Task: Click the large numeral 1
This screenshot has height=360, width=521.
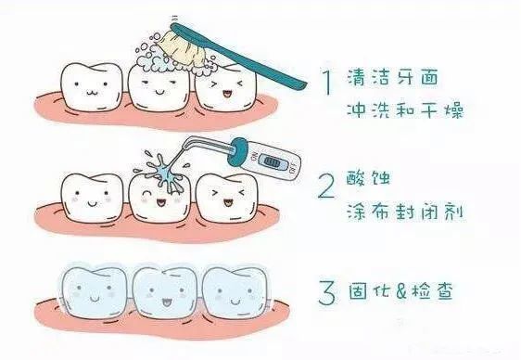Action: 327,82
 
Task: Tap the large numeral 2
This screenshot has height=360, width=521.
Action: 326,186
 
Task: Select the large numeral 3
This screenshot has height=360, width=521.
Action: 327,292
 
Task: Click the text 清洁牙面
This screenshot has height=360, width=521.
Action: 393,77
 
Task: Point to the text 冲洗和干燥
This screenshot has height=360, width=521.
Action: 405,109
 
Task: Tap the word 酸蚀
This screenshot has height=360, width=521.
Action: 368,178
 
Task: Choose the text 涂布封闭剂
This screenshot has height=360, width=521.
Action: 405,212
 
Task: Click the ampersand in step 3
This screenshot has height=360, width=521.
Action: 401,291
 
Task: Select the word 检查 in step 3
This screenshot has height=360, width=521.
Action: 432,291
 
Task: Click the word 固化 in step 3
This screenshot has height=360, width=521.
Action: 371,291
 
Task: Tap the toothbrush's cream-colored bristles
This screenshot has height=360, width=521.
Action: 184,47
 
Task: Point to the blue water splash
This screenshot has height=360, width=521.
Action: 163,173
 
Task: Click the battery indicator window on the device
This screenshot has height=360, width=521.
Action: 272,161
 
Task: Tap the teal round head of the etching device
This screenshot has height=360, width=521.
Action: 237,151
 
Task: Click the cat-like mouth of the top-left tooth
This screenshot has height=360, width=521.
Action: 91,92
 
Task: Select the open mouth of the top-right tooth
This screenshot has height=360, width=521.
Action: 227,95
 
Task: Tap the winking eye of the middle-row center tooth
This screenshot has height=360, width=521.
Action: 146,193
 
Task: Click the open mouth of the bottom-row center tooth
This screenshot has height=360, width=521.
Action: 165,302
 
